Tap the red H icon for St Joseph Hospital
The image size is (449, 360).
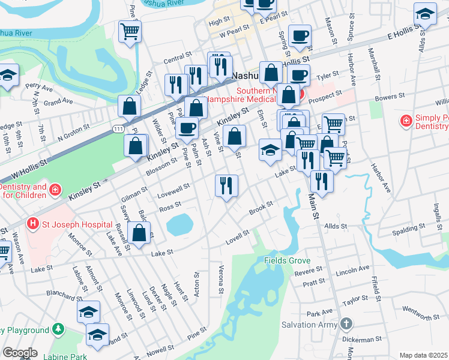coord(33,225)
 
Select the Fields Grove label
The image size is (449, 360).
coord(287,261)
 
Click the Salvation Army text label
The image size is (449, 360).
coord(306,325)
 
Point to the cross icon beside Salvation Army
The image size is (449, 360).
coord(345,325)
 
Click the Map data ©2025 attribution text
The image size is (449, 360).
coord(423,355)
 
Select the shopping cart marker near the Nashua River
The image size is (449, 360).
coord(130,31)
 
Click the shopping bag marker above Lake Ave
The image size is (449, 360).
coord(139,234)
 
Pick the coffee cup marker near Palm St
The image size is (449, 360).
coord(187,128)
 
